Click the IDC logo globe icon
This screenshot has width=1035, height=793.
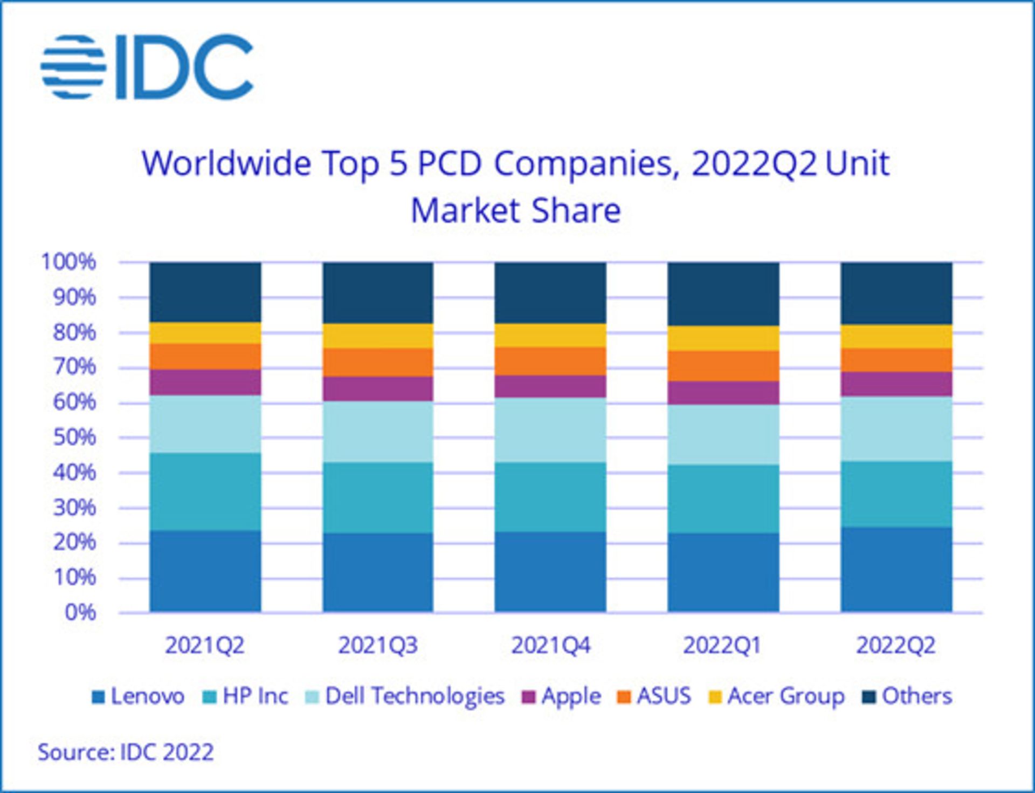pos(73,67)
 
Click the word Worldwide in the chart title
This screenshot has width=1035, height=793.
pos(226,163)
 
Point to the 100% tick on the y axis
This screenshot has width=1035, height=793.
pos(68,262)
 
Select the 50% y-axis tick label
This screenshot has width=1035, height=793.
pos(74,437)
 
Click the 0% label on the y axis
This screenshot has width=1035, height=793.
pos(80,613)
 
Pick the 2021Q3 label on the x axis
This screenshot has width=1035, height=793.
pos(378,646)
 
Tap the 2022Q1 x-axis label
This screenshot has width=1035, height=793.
pos(722,646)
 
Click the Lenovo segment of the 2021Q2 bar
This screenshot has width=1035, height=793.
pos(205,571)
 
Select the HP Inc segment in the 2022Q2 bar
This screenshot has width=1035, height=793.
pos(896,494)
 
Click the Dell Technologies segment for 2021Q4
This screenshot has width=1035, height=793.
pos(550,430)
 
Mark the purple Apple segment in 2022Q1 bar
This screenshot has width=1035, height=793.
pos(723,393)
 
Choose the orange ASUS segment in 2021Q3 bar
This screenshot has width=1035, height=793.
pos(378,363)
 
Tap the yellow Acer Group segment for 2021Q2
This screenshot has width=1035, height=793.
pos(205,333)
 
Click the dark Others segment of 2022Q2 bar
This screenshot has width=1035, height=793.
pos(896,293)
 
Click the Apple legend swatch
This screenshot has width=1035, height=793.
pos(529,697)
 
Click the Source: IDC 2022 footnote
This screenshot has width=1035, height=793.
pos(126,752)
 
